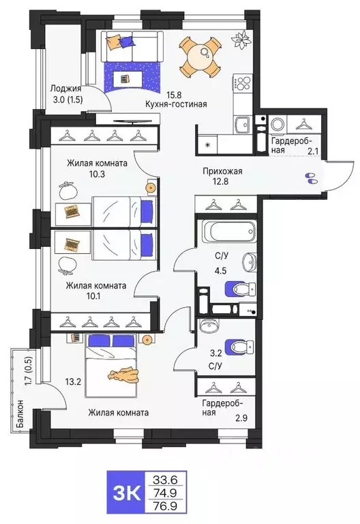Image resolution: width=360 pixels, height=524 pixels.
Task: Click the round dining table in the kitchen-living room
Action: [199, 56]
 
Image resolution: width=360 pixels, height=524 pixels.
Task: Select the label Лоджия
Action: [66, 88]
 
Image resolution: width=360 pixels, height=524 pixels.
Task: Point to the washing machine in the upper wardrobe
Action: [277, 125]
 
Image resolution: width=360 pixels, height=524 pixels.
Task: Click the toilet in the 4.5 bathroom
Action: [235, 291]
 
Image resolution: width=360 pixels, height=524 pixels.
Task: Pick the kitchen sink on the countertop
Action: [241, 123]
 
